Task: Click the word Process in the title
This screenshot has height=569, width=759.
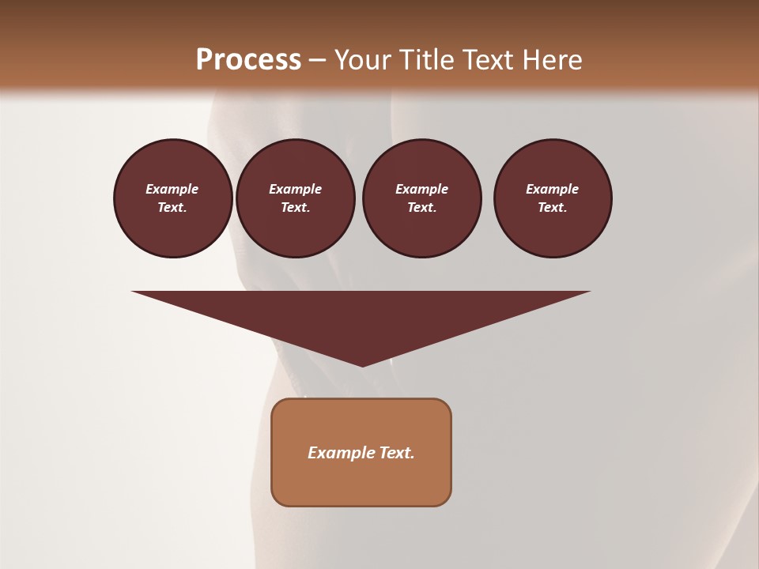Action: (x=248, y=60)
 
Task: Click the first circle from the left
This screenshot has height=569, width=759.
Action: (x=173, y=198)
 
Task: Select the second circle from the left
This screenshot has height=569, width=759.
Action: (x=296, y=198)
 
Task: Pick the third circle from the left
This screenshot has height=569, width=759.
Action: (x=421, y=198)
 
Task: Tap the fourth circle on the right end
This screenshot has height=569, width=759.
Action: (x=553, y=198)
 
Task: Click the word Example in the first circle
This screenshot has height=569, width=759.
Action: (x=172, y=189)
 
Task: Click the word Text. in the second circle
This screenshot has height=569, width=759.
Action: (x=296, y=208)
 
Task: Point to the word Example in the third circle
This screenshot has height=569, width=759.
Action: (x=421, y=189)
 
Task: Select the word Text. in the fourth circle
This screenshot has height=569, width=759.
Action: (x=553, y=208)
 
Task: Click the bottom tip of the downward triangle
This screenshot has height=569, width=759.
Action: (x=362, y=364)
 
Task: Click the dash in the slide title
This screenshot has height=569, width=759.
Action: (x=318, y=61)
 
